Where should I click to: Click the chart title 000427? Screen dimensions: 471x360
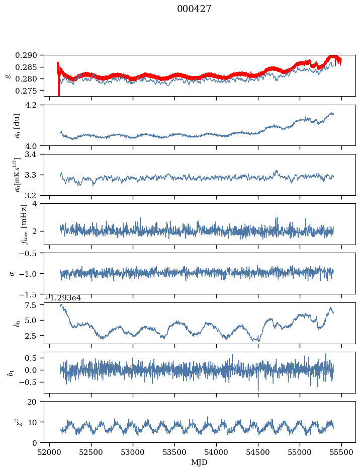pyautogui.click(x=194, y=9)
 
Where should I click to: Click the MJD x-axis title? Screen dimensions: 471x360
pyautogui.click(x=200, y=462)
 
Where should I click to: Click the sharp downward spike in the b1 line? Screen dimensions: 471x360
pyautogui.click(x=258, y=389)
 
